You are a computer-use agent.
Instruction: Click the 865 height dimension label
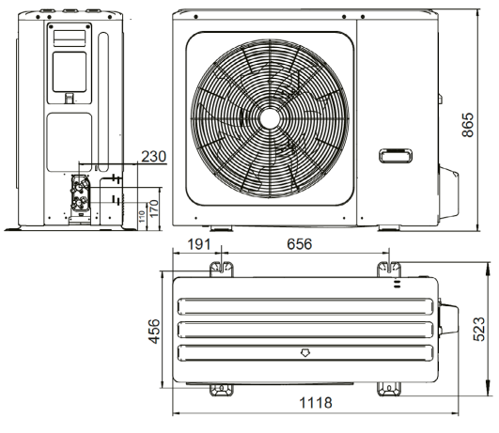click(468, 125)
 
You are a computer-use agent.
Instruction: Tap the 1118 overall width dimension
click(316, 403)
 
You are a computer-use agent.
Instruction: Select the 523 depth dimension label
click(479, 329)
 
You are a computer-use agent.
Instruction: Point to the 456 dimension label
click(154, 332)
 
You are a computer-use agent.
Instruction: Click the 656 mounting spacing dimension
click(299, 244)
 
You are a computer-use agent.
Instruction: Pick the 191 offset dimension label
click(199, 244)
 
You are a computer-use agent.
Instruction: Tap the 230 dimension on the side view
click(154, 157)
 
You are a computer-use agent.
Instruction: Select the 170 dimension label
click(154, 209)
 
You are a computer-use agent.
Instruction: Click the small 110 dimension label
click(142, 216)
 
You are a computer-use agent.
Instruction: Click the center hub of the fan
click(270, 118)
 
